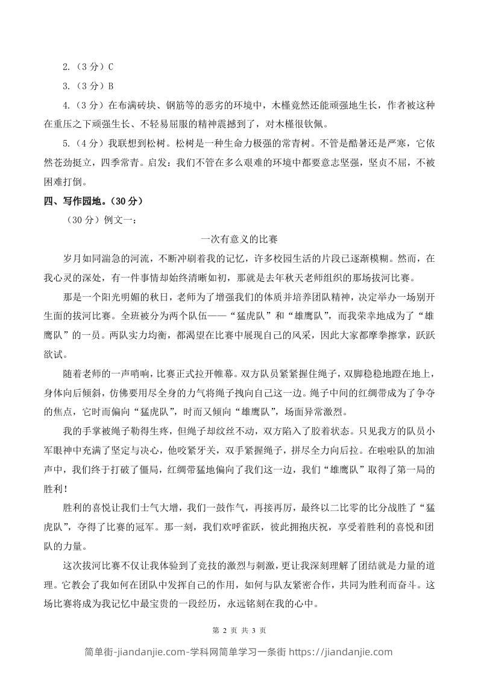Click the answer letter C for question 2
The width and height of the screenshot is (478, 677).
(110, 68)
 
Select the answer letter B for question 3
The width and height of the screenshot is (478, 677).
(110, 86)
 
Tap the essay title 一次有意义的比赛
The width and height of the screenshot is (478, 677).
(239, 239)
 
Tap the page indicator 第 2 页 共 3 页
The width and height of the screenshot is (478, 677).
(239, 630)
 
